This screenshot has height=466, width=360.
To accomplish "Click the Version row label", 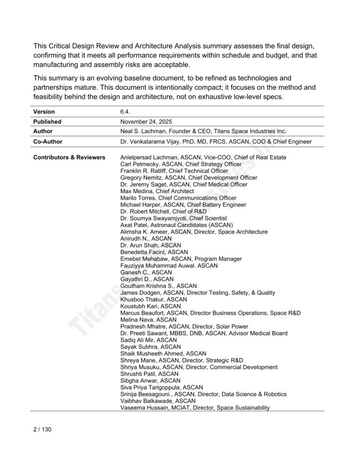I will pyautogui.click(x=44, y=112).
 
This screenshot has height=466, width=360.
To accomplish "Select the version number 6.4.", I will pyautogui.click(x=125, y=112).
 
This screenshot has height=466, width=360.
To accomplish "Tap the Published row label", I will pyautogui.click(x=47, y=121).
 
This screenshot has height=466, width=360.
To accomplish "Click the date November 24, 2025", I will pyautogui.click(x=147, y=121).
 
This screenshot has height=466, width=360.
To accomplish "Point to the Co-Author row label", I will pyautogui.click(x=48, y=142).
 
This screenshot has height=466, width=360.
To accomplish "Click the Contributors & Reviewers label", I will pyautogui.click(x=69, y=158).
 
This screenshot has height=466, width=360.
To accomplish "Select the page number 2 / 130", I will pyautogui.click(x=42, y=429).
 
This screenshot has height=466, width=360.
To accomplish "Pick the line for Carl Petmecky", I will pyautogui.click(x=181, y=164).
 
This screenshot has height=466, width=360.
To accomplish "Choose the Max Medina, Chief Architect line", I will pyautogui.click(x=157, y=191).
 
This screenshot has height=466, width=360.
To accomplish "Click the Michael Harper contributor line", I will pyautogui.click(x=183, y=205).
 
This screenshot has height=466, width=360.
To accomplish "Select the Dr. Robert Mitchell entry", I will pyautogui.click(x=161, y=211).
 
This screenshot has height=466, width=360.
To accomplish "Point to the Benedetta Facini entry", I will pyautogui.click(x=154, y=252).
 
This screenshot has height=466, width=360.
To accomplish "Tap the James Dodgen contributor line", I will pyautogui.click(x=198, y=293).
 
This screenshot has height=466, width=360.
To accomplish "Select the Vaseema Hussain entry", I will pyautogui.click(x=195, y=408).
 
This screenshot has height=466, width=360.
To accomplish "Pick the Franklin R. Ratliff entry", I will pyautogui.click(x=174, y=171).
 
